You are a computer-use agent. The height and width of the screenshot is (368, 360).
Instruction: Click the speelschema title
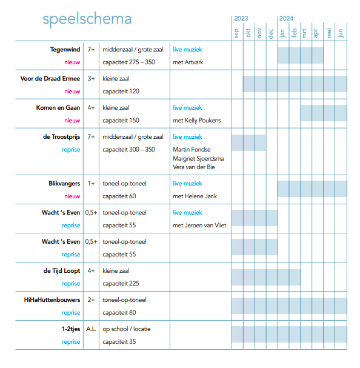87,19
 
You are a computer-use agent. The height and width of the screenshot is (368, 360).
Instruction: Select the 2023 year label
241,19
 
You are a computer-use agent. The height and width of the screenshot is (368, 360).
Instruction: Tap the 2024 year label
286,19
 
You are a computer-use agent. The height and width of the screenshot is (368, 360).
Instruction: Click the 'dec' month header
270,33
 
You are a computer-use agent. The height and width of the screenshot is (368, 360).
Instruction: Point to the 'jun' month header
340,33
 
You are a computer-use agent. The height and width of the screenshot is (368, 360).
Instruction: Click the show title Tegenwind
65,50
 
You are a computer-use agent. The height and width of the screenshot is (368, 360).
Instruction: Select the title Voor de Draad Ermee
50,79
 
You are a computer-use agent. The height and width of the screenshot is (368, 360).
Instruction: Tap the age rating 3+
91,79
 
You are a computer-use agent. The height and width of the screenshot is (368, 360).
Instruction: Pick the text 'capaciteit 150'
121,121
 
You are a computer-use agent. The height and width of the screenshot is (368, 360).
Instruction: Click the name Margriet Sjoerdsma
198,159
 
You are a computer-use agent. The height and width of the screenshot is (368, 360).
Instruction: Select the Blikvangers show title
64,184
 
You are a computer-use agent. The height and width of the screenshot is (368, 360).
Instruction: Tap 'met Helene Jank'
195,196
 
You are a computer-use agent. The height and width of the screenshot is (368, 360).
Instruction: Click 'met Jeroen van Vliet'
199,226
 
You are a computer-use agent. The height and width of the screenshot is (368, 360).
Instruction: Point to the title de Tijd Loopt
62,271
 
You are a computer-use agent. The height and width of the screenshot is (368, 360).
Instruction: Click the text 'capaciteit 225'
121,284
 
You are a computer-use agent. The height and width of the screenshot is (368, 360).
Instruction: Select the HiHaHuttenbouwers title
52,300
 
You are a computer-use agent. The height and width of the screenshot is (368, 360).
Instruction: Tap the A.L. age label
91,329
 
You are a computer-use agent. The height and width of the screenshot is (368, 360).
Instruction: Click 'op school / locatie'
127,329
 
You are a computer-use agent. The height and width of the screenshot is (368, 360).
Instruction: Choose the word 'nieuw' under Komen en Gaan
72,121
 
